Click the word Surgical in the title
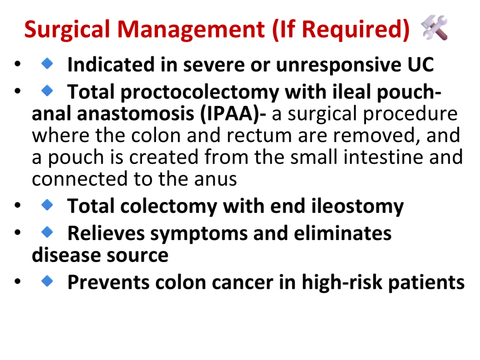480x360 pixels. [x=67, y=30]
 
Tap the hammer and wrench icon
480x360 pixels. [x=435, y=28]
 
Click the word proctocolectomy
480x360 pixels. [x=200, y=92]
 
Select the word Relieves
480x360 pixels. [x=106, y=233]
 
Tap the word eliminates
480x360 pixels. [x=343, y=233]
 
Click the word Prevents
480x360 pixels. [x=109, y=282]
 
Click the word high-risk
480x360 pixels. [x=342, y=282]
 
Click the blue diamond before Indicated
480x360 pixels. [x=47, y=63]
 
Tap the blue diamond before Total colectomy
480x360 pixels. [x=47, y=205]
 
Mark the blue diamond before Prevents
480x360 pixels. [x=47, y=281]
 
